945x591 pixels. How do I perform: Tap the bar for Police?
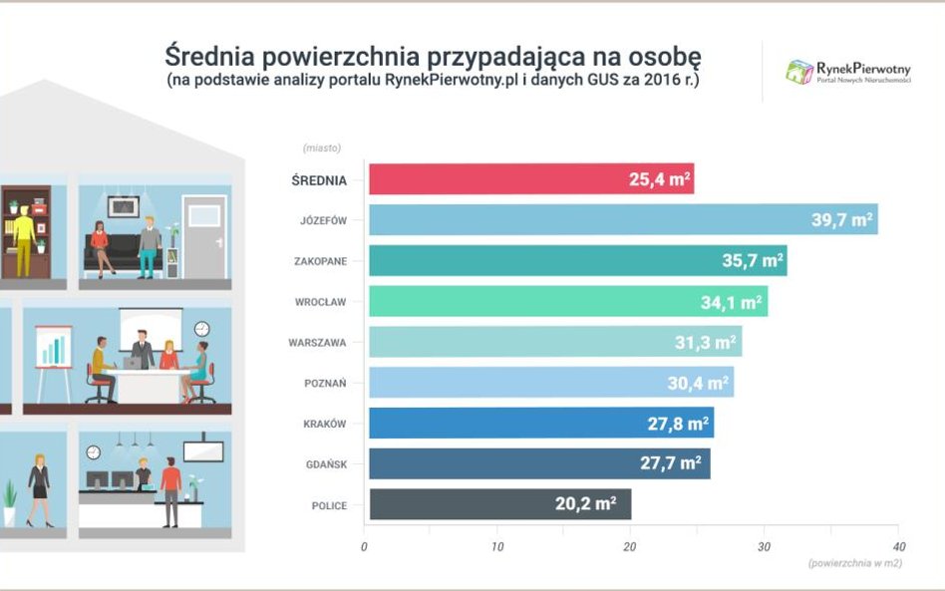point(499,504)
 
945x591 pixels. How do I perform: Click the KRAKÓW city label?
point(325,424)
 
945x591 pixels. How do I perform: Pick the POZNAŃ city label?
point(325,383)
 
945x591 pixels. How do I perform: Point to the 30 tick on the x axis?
point(765,546)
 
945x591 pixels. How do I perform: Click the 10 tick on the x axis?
point(497,546)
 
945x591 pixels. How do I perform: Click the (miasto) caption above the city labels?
point(322,148)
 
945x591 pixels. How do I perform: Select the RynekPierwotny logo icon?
point(798,72)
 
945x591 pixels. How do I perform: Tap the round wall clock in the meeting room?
point(202,328)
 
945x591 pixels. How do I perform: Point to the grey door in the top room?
point(204,237)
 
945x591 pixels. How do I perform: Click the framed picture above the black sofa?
point(123,206)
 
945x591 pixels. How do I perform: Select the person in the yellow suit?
point(23,241)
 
